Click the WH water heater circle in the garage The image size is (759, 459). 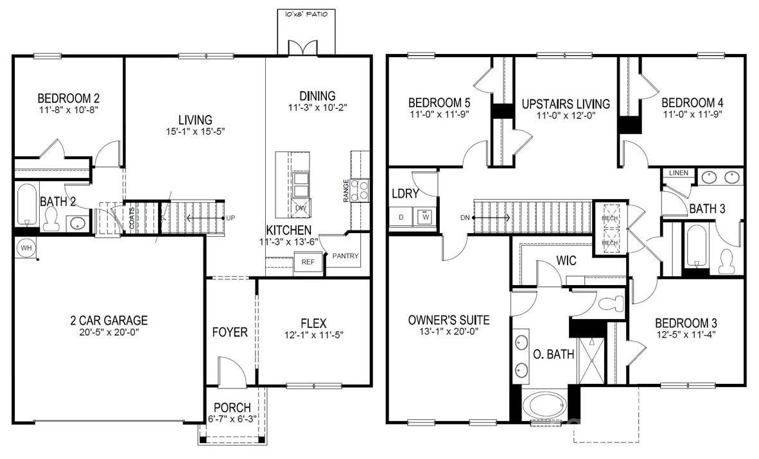26,248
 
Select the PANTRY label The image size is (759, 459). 345,256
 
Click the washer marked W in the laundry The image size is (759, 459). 424,218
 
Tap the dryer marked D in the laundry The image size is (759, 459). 401,218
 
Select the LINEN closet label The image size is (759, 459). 678,173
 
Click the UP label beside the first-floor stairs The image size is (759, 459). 231,218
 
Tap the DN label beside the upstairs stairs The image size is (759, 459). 466,218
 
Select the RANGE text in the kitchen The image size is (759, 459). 346,191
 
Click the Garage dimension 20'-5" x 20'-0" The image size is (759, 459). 109,333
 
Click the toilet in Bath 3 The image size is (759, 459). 727,259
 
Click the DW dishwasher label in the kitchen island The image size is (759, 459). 301,208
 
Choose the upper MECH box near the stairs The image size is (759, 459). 608,217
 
